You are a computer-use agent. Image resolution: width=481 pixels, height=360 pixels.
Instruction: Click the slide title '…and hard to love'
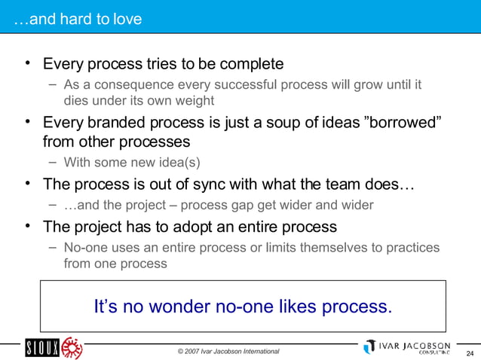(77, 19)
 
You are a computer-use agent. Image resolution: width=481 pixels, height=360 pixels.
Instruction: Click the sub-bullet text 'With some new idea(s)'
(132, 162)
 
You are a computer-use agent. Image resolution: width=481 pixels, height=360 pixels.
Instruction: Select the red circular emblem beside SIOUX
(72, 347)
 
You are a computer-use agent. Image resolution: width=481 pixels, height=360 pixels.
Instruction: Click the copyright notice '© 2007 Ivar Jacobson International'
(228, 351)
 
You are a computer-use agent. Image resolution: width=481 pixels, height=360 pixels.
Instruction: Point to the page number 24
(470, 354)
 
